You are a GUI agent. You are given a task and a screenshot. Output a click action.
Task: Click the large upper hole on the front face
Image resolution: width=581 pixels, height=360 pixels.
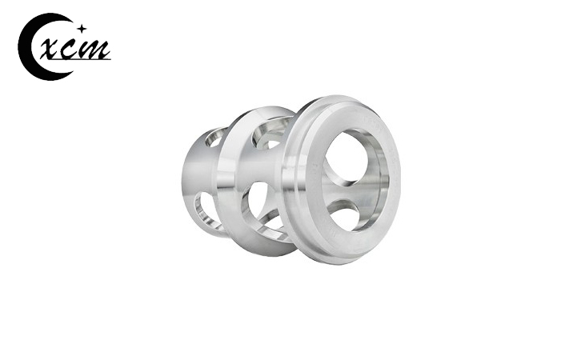[352, 157]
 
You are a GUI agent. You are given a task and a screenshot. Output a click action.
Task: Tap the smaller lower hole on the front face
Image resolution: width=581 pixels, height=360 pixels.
[345, 214]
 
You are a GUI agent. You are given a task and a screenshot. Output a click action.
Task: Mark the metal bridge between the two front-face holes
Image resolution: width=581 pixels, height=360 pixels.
[346, 192]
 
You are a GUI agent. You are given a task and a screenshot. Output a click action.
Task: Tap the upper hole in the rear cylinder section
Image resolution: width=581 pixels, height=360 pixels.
[214, 138]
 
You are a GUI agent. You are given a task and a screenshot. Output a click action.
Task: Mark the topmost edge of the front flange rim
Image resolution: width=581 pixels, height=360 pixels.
[340, 99]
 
